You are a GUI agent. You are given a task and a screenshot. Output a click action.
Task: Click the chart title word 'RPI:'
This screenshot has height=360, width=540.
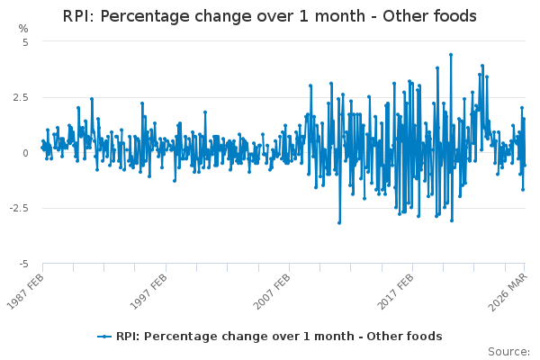tap(82, 17)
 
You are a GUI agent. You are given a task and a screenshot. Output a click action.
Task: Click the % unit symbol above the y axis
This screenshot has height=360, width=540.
tap(23, 28)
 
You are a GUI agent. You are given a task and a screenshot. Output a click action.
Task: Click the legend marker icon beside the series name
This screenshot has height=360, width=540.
tap(105, 337)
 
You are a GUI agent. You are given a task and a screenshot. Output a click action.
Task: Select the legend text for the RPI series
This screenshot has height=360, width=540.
tap(279, 337)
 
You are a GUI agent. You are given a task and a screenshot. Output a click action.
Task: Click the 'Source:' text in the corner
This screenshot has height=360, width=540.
tap(508, 351)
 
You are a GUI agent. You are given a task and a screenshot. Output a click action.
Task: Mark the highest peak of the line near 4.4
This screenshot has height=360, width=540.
tap(451, 54)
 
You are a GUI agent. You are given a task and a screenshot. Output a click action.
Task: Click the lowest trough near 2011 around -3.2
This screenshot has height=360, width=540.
tap(339, 222)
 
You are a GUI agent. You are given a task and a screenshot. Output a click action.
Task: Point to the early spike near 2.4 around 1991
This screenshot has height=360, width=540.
tap(91, 99)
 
